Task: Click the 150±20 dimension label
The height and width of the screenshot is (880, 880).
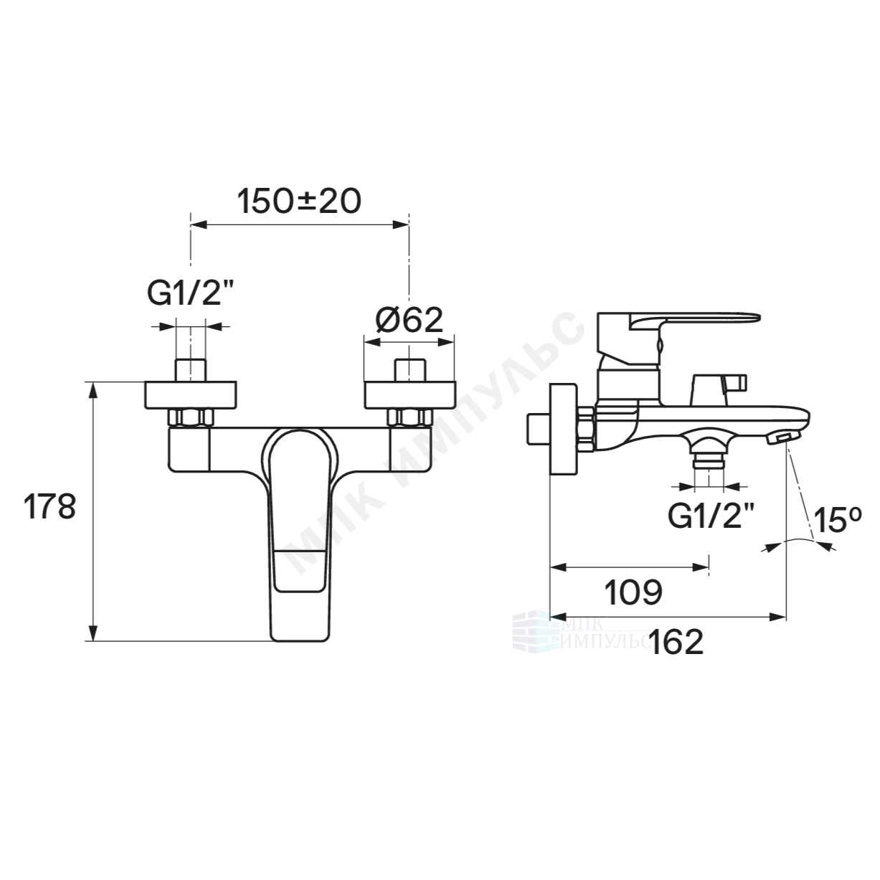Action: (x=299, y=202)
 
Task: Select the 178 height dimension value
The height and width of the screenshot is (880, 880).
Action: (x=49, y=507)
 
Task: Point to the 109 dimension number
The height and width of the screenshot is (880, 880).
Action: (x=633, y=592)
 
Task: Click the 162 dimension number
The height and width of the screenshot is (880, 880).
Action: (x=676, y=642)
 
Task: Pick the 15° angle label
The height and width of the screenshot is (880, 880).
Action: (x=838, y=520)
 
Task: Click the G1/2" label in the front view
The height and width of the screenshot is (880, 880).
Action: (x=191, y=293)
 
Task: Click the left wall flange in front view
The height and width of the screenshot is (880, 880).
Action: (x=191, y=395)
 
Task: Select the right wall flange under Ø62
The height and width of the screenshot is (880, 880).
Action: (x=410, y=395)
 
